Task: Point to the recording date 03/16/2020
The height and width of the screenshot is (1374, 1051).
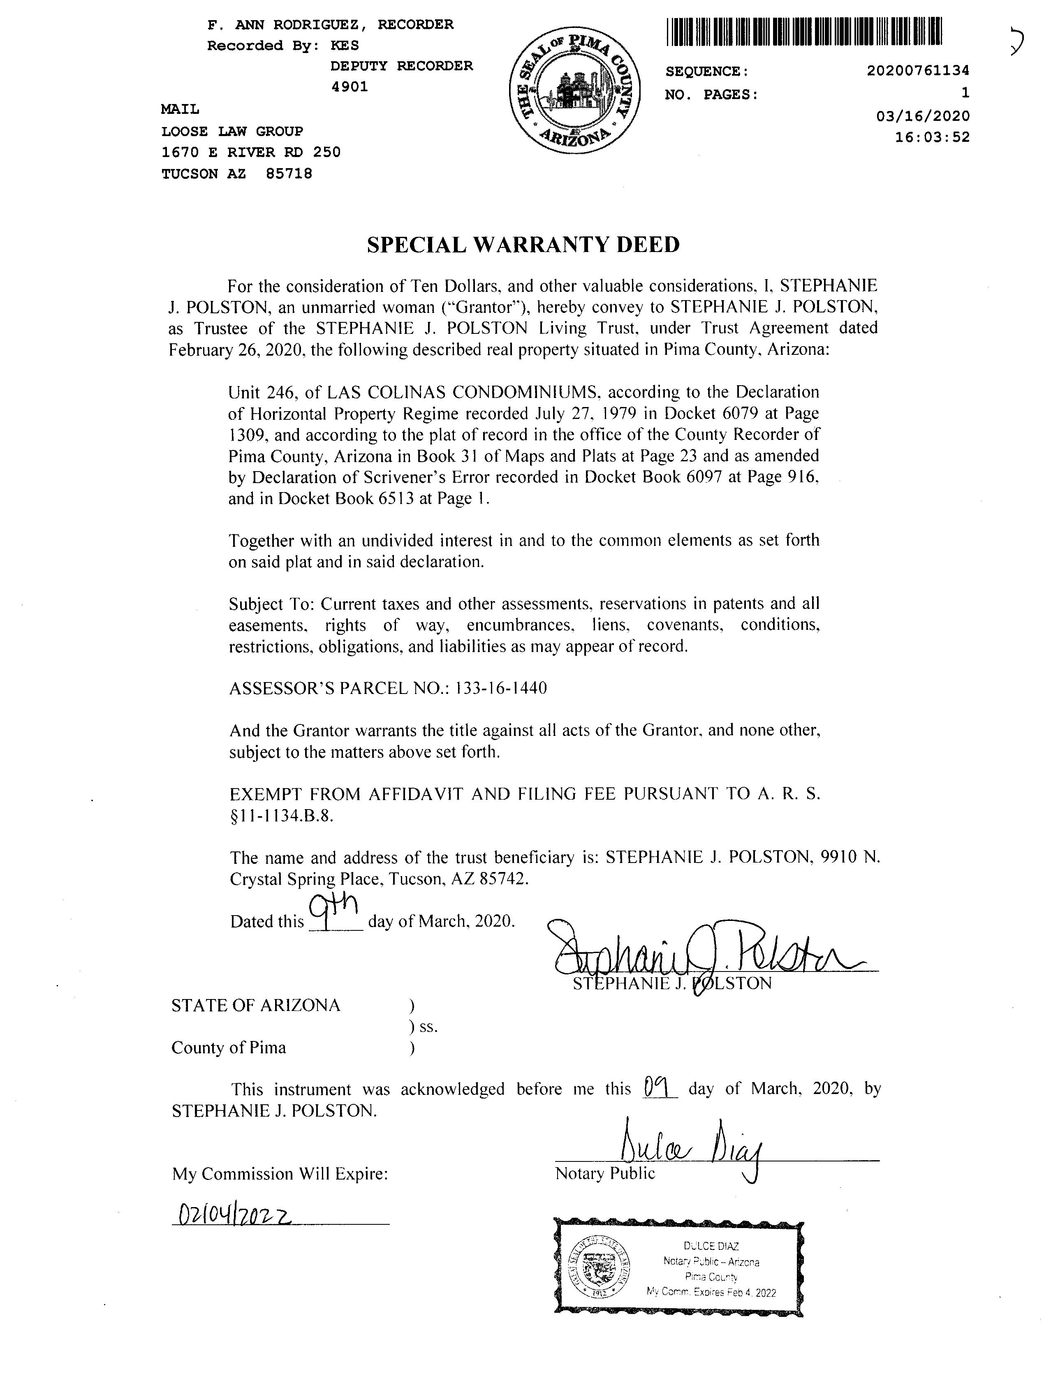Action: [923, 116]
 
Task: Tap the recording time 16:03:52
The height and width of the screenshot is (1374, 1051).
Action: [932, 137]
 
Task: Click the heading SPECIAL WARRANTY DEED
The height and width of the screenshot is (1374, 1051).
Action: [523, 245]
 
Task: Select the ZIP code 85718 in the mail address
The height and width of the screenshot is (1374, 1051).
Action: [289, 174]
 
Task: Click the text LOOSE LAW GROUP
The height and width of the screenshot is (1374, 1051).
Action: [232, 131]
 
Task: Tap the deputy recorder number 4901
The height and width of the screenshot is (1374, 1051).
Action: [349, 87]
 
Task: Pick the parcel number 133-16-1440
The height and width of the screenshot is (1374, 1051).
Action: [502, 689]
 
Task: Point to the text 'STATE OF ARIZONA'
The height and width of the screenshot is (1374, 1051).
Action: [256, 1006]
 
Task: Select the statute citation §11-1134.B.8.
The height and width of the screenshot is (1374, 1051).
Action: [282, 816]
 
